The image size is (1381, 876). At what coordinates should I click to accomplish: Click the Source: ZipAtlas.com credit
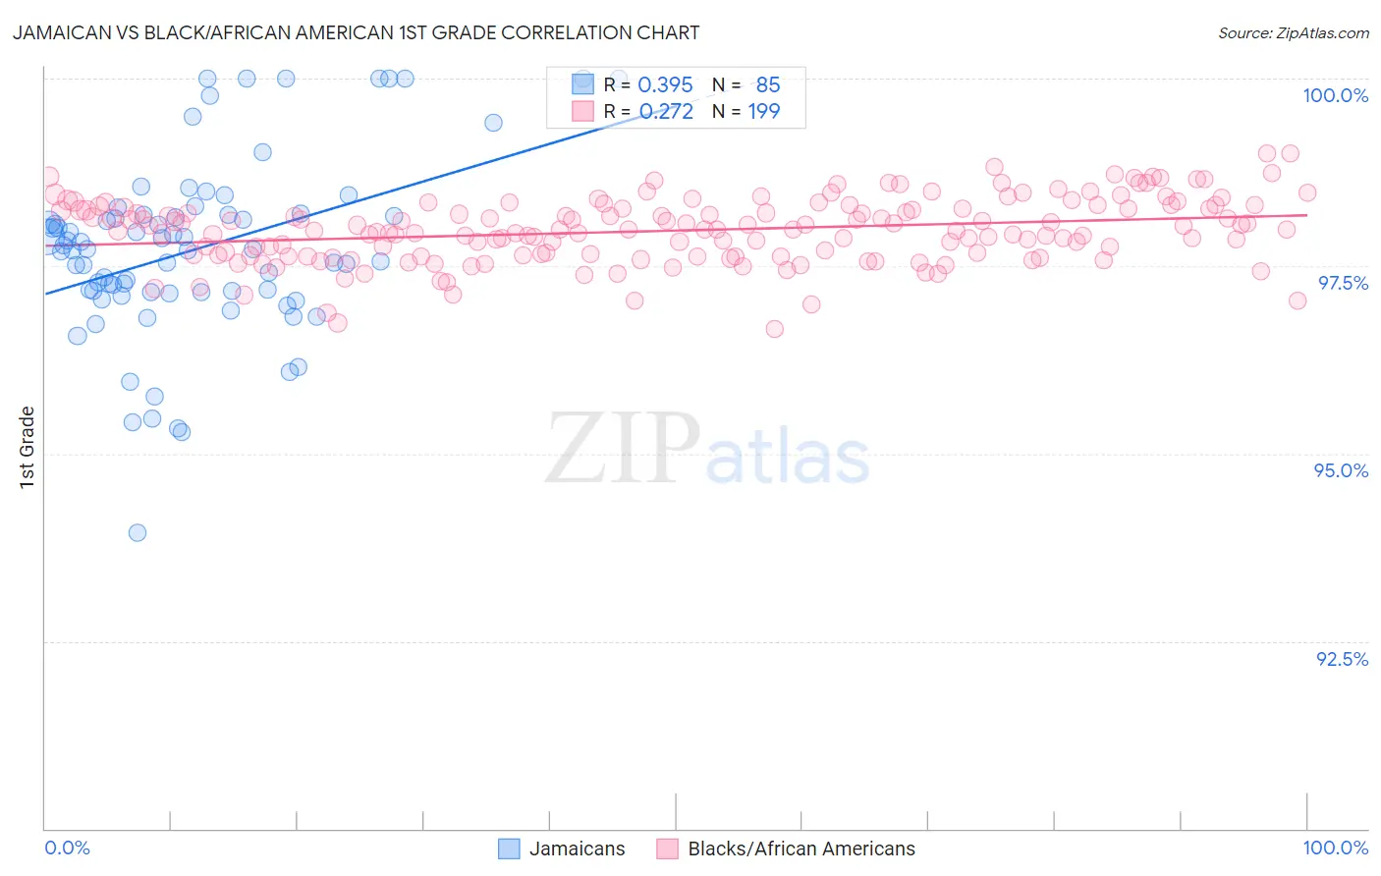coord(1293,33)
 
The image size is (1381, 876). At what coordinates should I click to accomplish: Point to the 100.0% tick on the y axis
coord(1335,95)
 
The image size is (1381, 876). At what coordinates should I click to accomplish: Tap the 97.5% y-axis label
coord(1343,283)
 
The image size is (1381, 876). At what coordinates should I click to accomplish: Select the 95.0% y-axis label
coord(1341,470)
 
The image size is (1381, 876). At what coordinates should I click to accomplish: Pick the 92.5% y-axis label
coord(1342,659)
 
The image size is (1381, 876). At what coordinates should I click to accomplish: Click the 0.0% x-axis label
coord(67,848)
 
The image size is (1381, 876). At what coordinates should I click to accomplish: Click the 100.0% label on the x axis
coord(1335,848)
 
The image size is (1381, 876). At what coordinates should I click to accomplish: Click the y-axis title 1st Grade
coord(28,447)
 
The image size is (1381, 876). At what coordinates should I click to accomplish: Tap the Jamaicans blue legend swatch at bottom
coord(509,849)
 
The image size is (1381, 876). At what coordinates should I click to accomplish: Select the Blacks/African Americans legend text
coord(801,849)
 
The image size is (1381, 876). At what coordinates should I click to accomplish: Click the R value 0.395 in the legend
coord(665,85)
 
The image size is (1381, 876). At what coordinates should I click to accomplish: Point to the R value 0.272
coord(665,112)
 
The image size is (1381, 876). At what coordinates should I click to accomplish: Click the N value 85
coord(767,85)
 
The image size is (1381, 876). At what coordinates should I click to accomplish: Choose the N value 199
coord(763,112)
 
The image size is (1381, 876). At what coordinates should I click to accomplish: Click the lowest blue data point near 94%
coord(138,532)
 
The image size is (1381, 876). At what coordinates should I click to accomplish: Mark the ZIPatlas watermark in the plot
coord(707,449)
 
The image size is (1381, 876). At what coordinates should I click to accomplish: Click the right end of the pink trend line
coord(1307,214)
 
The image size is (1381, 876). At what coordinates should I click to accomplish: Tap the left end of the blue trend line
coord(44,294)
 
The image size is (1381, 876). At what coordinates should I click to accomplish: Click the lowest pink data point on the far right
coord(1298,301)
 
